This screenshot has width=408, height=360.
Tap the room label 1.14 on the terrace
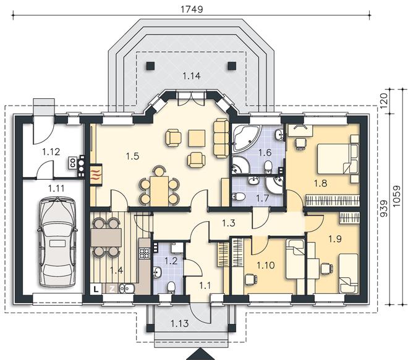pyautogui.click(x=192, y=76)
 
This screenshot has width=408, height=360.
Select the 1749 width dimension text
pyautogui.click(x=192, y=9)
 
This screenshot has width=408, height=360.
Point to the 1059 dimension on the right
pyautogui.click(x=396, y=196)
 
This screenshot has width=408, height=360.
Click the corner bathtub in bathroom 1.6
pyautogui.click(x=245, y=138)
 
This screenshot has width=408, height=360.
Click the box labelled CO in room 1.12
pyautogui.click(x=72, y=164)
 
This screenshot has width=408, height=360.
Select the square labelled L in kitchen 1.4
pyautogui.click(x=96, y=289)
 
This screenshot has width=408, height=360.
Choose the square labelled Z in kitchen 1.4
pyautogui.click(x=112, y=289)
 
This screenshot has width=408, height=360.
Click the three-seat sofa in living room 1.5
pyautogui.click(x=221, y=138)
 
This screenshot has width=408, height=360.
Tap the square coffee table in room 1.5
pyautogui.click(x=197, y=138)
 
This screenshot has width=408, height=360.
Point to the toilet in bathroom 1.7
pyautogui.click(x=237, y=197)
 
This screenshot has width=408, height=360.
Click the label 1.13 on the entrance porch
pyautogui.click(x=179, y=324)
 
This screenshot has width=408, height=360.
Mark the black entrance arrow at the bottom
pyautogui.click(x=201, y=354)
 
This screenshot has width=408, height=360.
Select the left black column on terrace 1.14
pyautogui.click(x=150, y=65)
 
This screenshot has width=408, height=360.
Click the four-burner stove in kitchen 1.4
pyautogui.click(x=143, y=253)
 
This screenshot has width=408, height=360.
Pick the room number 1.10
pyautogui.click(x=266, y=266)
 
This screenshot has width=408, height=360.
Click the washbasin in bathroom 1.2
pyautogui.click(x=157, y=272)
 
